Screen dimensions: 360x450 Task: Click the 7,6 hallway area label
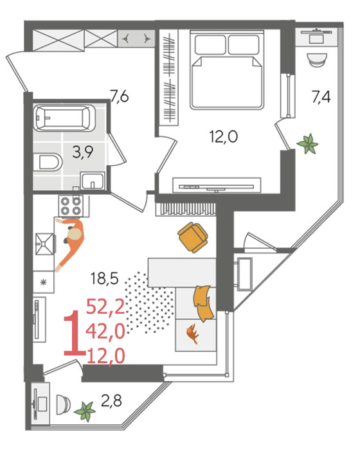click(x=120, y=96)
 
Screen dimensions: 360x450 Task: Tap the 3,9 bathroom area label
click(x=83, y=152)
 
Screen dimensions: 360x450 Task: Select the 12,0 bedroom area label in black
click(x=224, y=136)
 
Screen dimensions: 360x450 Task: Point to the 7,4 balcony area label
click(x=321, y=96)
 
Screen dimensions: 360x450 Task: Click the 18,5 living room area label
click(x=105, y=278)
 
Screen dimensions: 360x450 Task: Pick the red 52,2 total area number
click(x=105, y=307)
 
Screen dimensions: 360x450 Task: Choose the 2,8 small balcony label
click(x=111, y=401)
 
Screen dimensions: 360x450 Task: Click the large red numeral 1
click(x=74, y=333)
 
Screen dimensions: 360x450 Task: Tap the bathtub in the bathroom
click(x=64, y=118)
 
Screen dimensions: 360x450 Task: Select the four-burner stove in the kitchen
click(x=71, y=206)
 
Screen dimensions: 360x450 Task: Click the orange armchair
click(x=193, y=237)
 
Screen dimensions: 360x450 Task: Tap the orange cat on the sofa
click(x=192, y=334)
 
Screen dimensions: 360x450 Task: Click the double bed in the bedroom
click(x=227, y=69)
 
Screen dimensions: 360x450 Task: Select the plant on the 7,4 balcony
click(x=308, y=144)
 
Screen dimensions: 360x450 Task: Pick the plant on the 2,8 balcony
click(x=85, y=412)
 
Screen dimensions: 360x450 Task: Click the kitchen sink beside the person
click(x=45, y=244)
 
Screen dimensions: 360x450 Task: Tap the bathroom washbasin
click(x=93, y=181)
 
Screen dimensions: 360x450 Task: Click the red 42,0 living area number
click(x=105, y=331)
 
